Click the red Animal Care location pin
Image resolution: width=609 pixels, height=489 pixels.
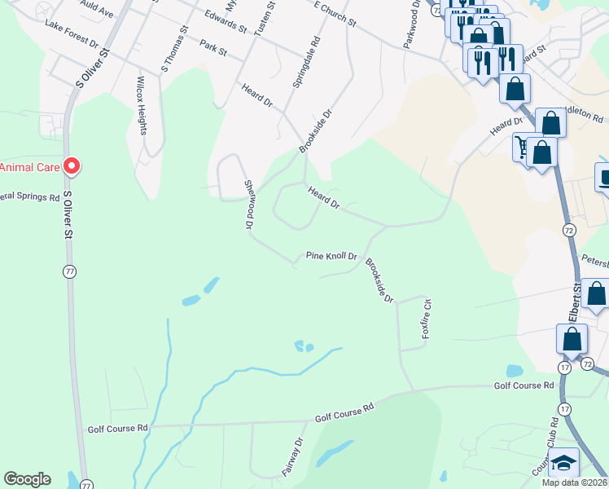point(71,167)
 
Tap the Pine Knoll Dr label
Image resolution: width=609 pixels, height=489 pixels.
point(331,256)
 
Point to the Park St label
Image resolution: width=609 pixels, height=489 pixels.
point(212,49)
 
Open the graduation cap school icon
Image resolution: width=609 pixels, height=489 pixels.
point(563,462)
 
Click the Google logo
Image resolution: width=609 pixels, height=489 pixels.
point(27,479)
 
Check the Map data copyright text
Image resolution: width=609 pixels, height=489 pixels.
point(572,482)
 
